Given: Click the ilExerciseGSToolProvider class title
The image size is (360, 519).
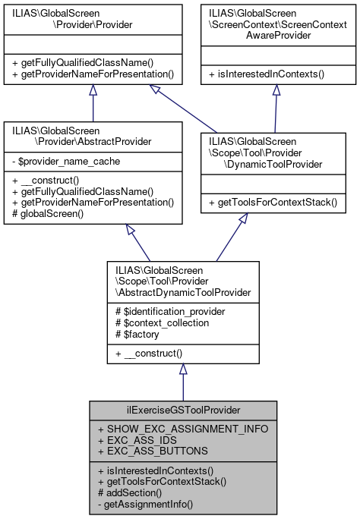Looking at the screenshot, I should (182, 410).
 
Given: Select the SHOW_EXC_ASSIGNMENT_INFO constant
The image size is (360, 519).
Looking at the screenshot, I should (182, 429).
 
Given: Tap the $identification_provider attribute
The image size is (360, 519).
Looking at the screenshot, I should (166, 312).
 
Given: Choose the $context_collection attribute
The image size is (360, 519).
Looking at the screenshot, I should (160, 322).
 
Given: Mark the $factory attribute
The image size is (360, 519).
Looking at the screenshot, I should (137, 333).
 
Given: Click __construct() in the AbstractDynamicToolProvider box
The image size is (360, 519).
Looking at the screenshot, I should (147, 354).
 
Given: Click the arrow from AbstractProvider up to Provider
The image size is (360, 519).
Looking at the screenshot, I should (93, 102).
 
